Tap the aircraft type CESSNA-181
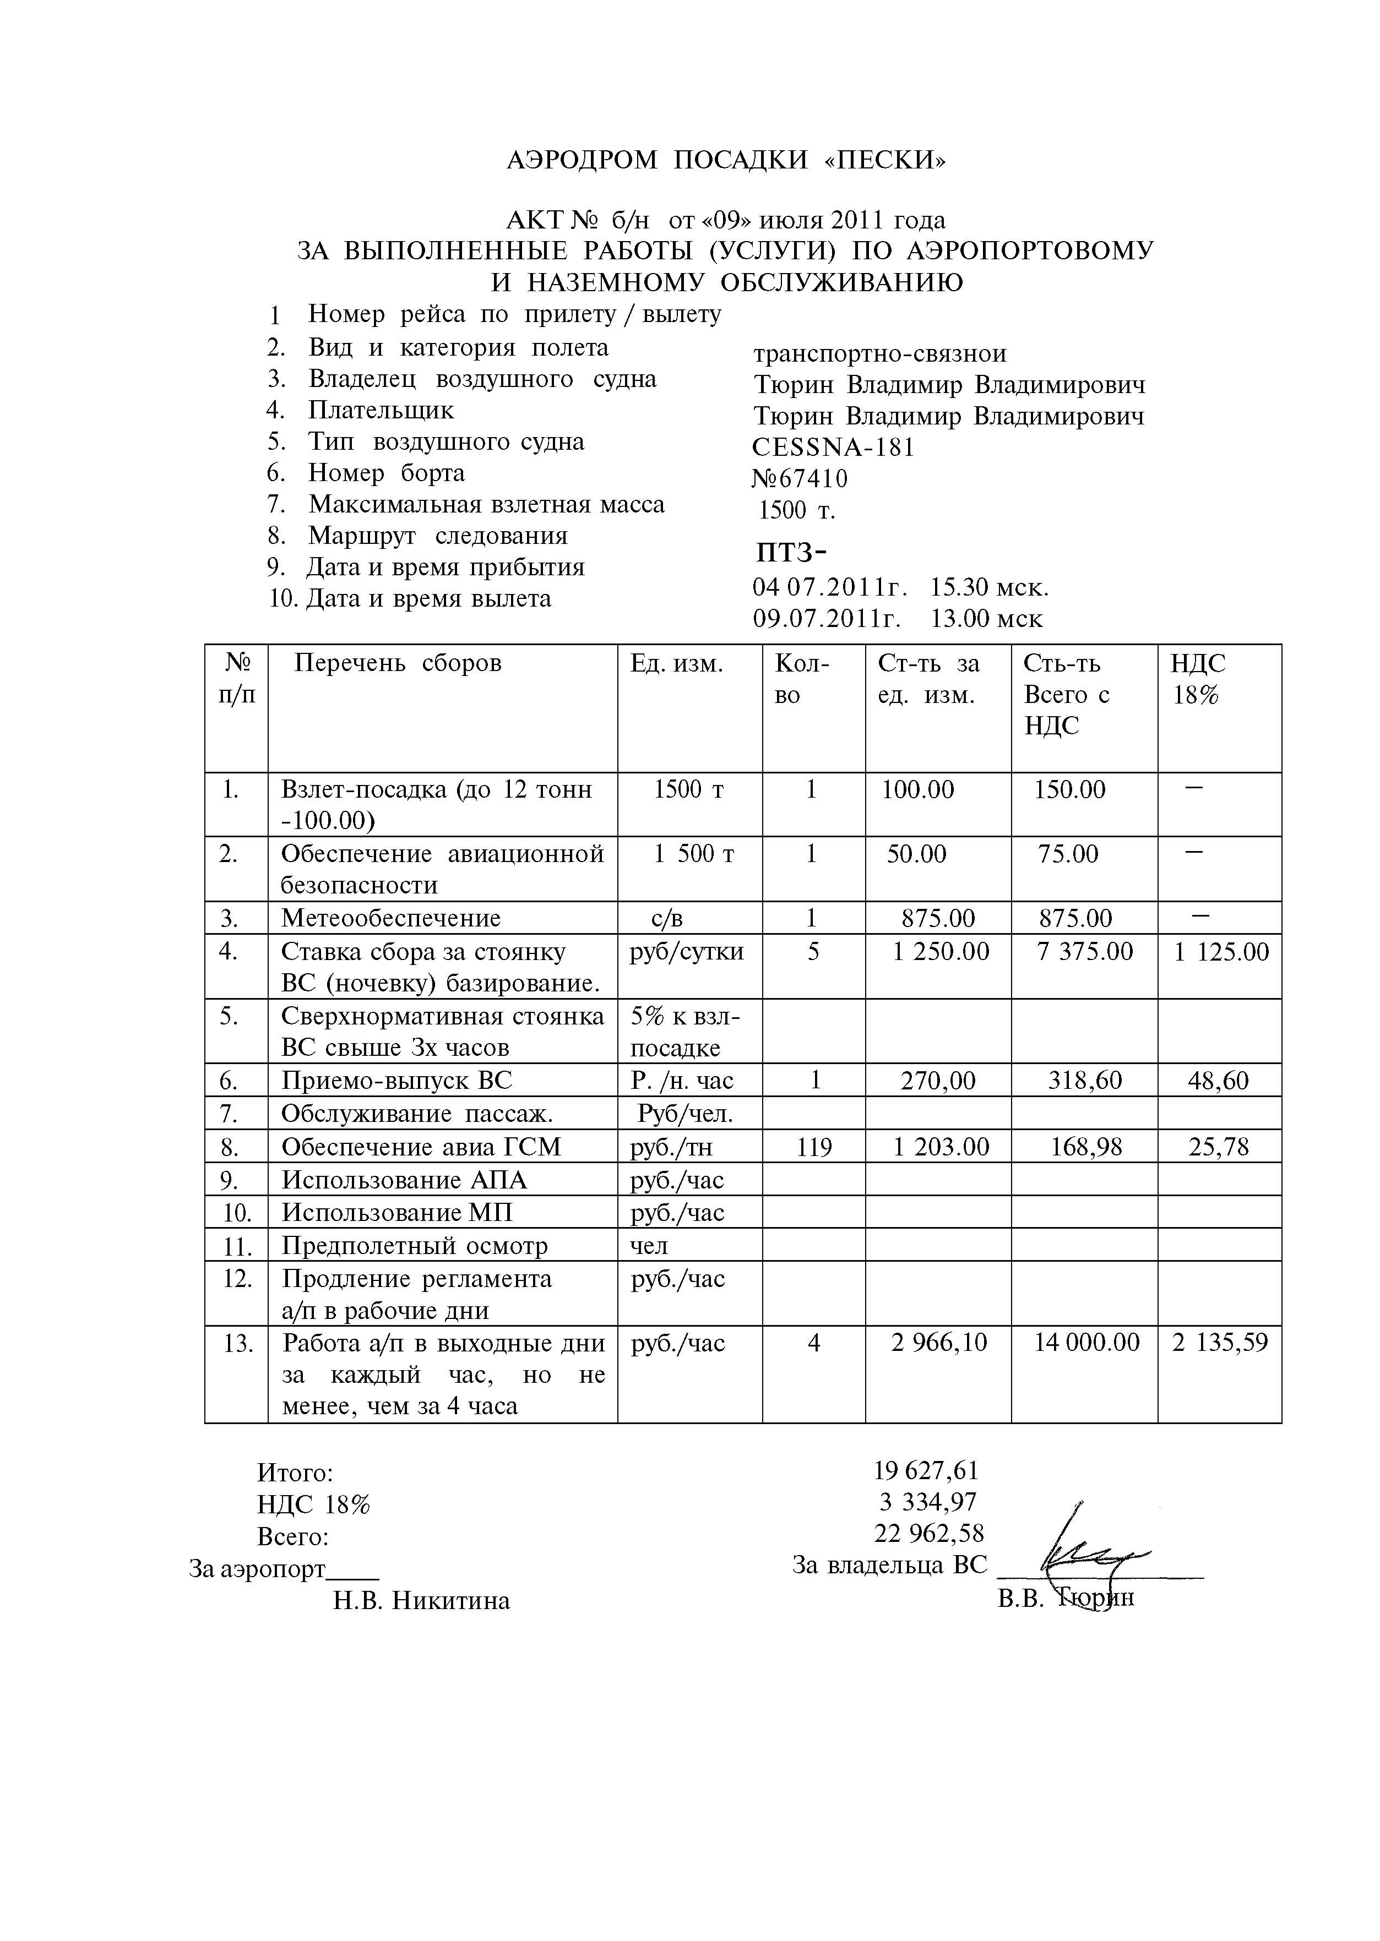(x=833, y=448)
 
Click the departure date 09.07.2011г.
(x=826, y=618)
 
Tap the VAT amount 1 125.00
(x=1220, y=951)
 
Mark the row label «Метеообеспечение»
(x=391, y=918)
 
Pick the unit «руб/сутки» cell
(x=687, y=951)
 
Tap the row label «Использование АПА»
(x=405, y=1180)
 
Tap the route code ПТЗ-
(x=790, y=553)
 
